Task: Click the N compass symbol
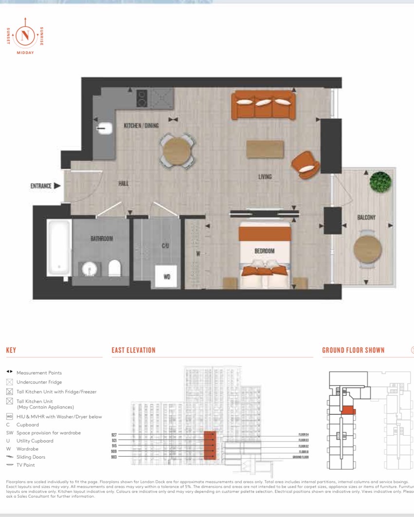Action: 25,35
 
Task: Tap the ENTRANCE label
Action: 41,185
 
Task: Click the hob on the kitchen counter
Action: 143,99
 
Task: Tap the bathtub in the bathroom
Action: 58,247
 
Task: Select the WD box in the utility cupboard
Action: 166,277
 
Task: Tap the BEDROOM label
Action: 265,251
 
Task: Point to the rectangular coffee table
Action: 265,149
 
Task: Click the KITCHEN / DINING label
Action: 141,126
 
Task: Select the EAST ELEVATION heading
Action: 133,350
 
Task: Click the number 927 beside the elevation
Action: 114,434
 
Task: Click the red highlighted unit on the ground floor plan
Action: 348,411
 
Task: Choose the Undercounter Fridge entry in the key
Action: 39,382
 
